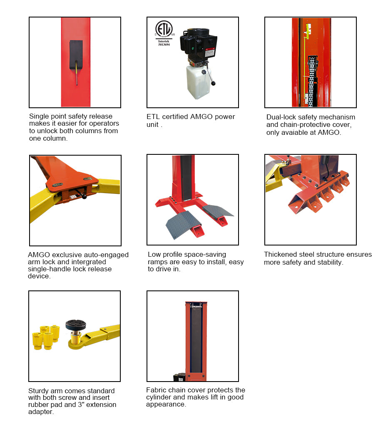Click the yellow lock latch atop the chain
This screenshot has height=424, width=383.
pos(308,29)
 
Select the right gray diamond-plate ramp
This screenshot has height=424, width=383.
pos(217,210)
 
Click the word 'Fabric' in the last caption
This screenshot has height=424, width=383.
pos(156,390)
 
